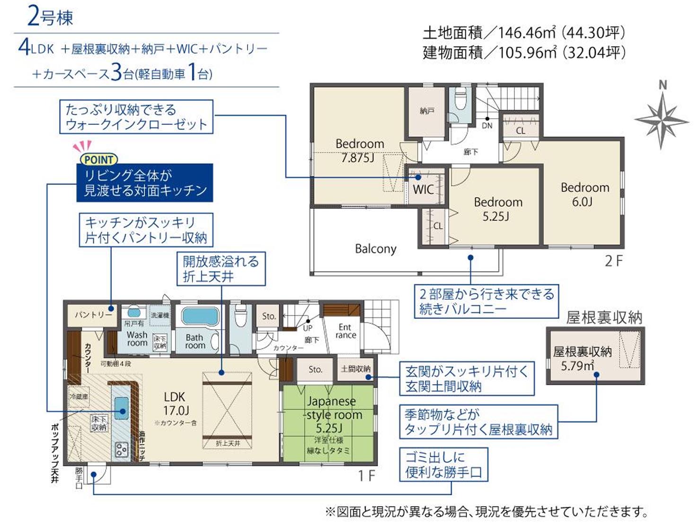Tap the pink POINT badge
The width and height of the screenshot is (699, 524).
click(98, 159)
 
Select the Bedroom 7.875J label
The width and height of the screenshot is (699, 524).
click(359, 150)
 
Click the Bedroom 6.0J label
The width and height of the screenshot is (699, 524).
click(584, 194)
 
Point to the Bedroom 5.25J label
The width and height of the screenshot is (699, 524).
click(498, 209)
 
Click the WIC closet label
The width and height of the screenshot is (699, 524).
click(423, 190)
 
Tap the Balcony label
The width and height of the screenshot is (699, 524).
click(375, 249)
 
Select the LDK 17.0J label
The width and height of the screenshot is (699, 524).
click(176, 403)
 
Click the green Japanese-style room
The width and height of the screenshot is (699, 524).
click(329, 423)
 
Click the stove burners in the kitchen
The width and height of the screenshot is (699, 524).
click(121, 449)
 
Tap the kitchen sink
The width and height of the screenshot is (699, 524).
click(121, 407)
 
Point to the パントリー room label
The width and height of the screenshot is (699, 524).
click(93, 315)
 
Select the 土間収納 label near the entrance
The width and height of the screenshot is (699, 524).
click(355, 369)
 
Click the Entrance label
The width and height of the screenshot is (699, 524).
click(345, 331)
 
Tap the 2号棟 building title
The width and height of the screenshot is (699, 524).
click(50, 17)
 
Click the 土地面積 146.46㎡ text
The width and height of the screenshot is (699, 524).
click(524, 33)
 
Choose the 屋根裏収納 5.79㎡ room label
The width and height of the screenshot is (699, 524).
click(582, 358)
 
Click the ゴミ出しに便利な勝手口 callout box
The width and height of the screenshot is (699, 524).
click(443, 465)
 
